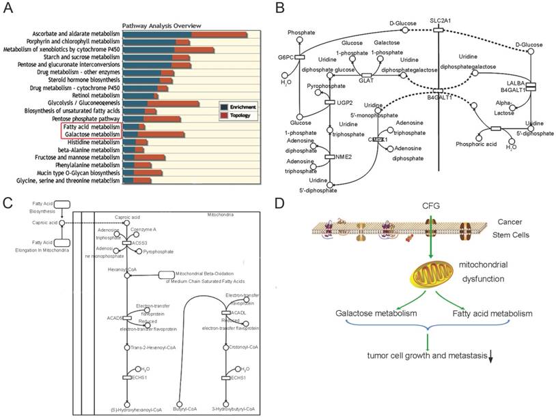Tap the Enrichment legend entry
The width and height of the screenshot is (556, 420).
[240, 107]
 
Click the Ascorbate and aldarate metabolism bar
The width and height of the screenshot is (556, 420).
[184, 35]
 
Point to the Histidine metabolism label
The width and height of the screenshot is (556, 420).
[89, 141]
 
